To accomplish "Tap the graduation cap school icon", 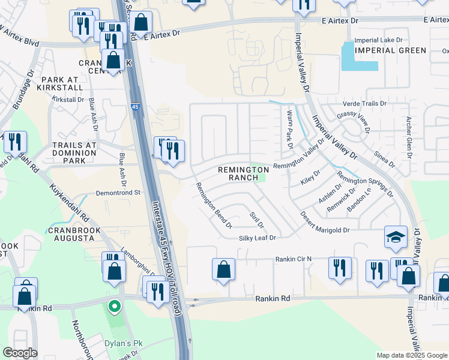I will pyautogui.click(x=396, y=238).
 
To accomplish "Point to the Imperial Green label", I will pyautogui.click(x=390, y=50).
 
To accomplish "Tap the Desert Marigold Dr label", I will pyautogui.click(x=325, y=230).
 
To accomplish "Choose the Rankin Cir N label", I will pyautogui.click(x=294, y=259).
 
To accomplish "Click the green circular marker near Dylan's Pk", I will pyautogui.click(x=113, y=307).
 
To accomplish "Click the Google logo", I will pyautogui.click(x=19, y=353).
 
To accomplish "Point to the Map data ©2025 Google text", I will pyautogui.click(x=412, y=355).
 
